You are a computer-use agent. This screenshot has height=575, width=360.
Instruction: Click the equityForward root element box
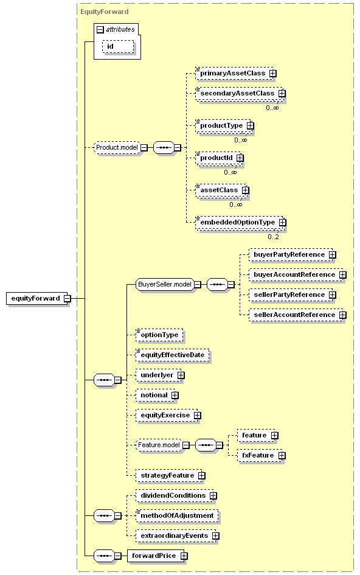[x=38, y=299]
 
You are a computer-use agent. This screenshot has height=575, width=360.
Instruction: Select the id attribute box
[x=118, y=47]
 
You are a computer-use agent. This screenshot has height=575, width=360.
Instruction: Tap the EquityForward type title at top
[x=105, y=12]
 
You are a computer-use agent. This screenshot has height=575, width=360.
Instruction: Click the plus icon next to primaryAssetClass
[x=273, y=74]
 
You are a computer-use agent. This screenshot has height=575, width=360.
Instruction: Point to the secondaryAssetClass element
[x=240, y=94]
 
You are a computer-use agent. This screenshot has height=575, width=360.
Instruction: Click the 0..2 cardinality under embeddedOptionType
[x=273, y=237]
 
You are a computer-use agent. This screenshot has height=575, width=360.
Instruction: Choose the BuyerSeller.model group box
[x=165, y=284]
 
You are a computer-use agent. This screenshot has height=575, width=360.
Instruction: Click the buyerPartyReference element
[x=291, y=254]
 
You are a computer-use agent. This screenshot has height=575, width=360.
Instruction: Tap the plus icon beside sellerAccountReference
[x=343, y=315]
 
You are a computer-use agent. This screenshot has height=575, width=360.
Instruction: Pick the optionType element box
[x=159, y=335]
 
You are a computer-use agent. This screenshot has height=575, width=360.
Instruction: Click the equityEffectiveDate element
[x=172, y=355]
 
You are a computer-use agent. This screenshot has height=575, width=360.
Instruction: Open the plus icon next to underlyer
[x=181, y=375]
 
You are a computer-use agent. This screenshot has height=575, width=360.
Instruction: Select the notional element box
[x=156, y=396]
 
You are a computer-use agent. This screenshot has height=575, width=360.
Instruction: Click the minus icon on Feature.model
[x=186, y=445]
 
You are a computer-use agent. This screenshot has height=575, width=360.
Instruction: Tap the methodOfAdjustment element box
[x=177, y=515]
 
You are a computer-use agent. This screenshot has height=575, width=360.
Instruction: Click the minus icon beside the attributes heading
[x=100, y=30]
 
